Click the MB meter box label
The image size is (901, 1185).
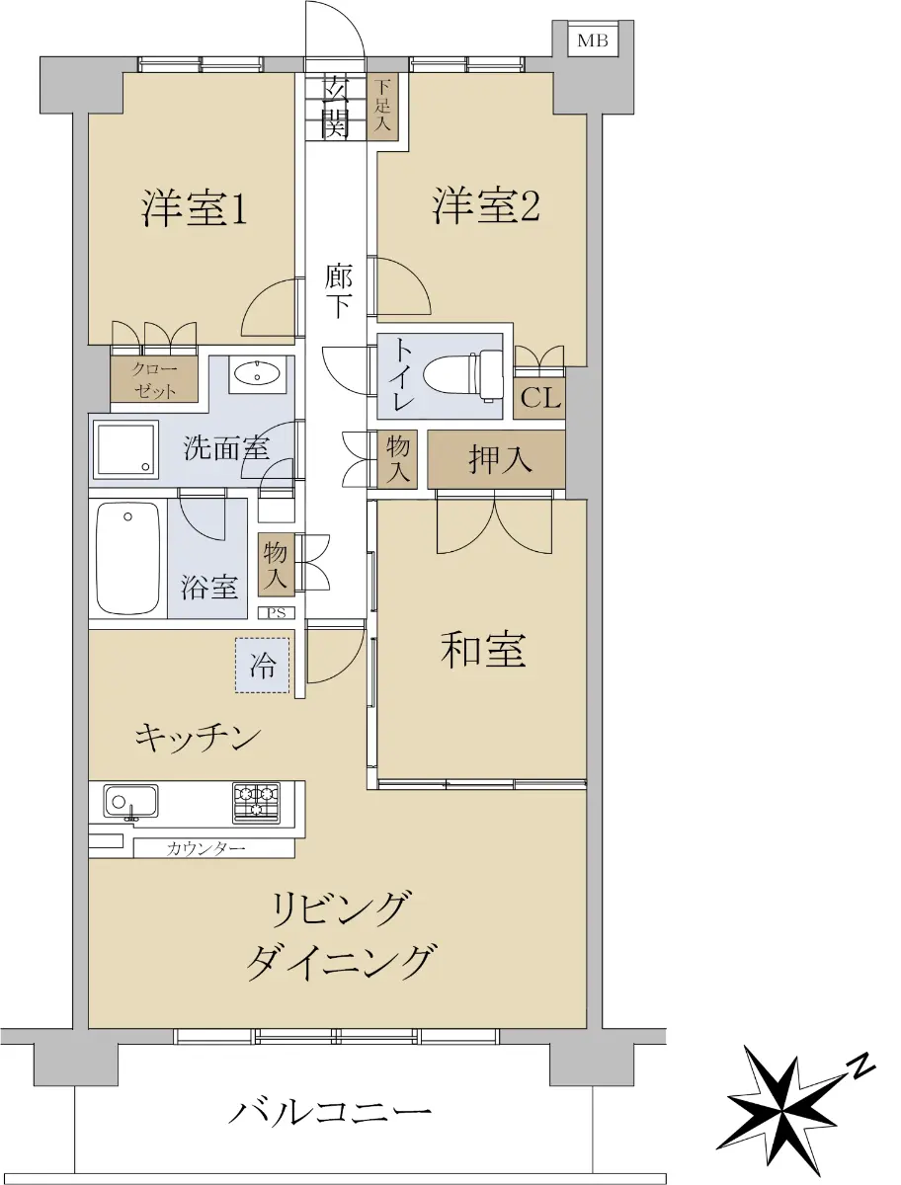tap(592, 40)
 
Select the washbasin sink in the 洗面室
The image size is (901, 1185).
tap(258, 373)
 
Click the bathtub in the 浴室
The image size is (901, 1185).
tap(128, 558)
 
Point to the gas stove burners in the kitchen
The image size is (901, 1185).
tap(256, 802)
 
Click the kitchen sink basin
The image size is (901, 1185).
tap(131, 801)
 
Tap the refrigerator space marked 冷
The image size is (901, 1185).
tap(263, 666)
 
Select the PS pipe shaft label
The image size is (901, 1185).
tap(277, 613)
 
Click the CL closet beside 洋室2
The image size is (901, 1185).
tap(539, 398)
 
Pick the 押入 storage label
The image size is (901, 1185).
tap(500, 459)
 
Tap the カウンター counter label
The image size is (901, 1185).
tap(205, 848)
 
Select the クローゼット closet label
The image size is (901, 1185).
tap(154, 379)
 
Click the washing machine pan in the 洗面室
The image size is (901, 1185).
tap(125, 449)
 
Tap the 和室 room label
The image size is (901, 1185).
tap(483, 650)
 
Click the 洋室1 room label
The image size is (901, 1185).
tap(195, 208)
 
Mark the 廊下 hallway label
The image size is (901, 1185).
tap(338, 290)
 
